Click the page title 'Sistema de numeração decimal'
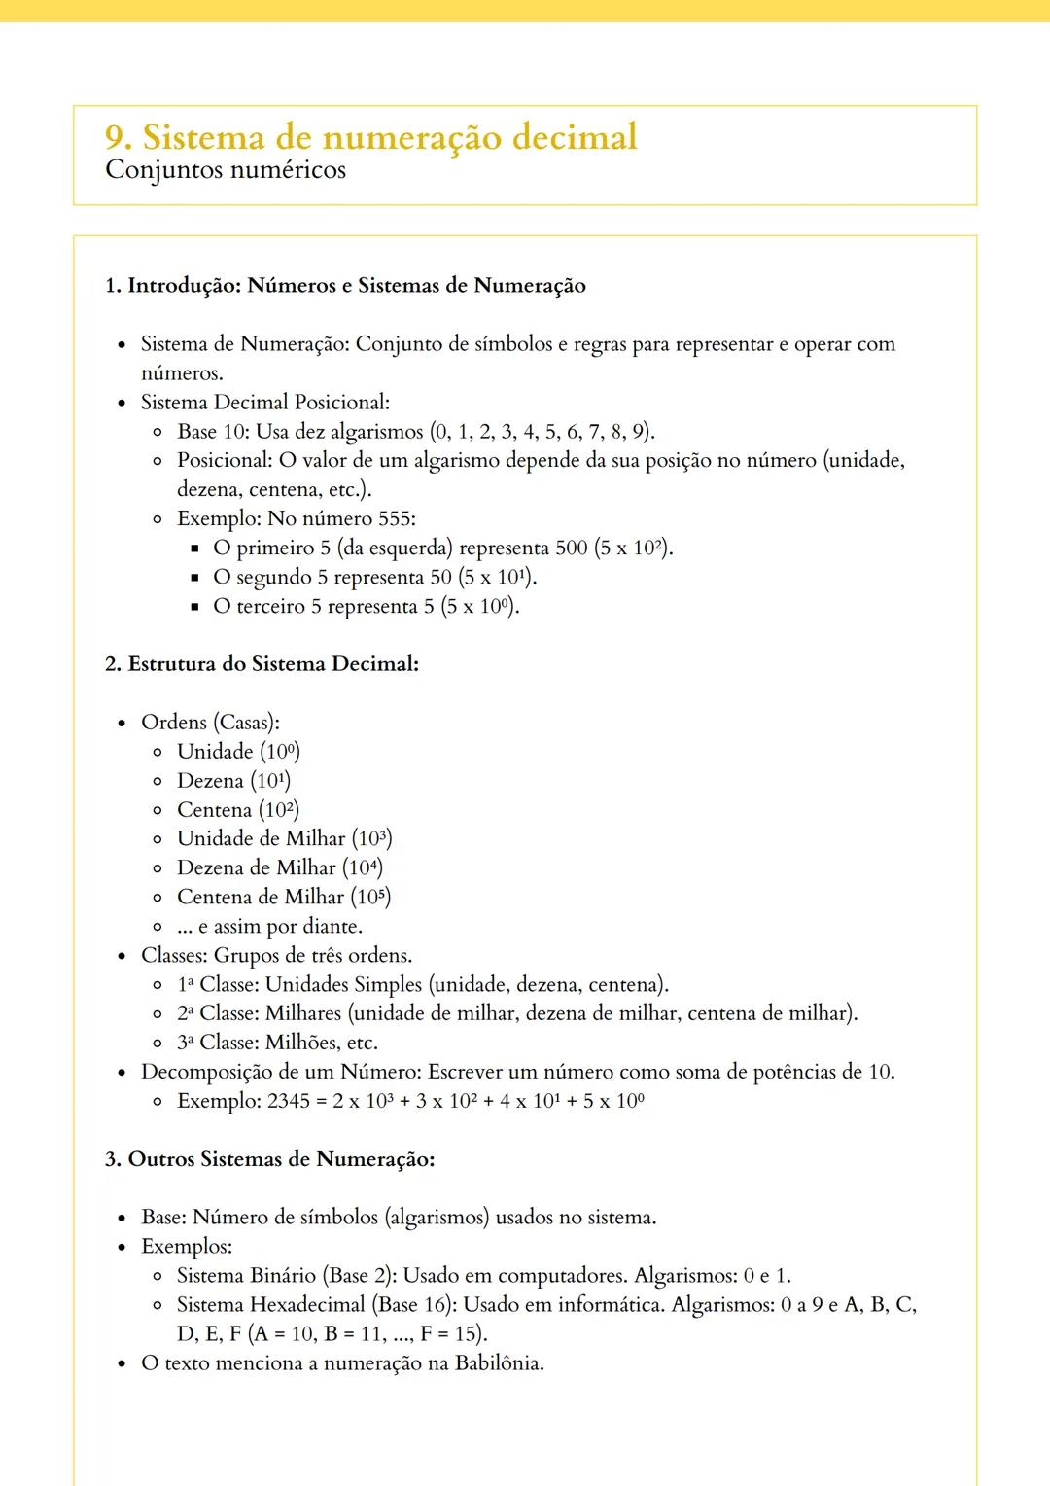click(389, 137)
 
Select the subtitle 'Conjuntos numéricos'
click(226, 170)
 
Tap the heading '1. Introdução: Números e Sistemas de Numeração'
click(345, 286)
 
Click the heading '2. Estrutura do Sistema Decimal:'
click(262, 664)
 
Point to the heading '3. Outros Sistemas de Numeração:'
click(269, 1159)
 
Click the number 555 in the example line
click(394, 518)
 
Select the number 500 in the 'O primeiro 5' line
click(572, 548)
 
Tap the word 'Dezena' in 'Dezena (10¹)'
click(210, 781)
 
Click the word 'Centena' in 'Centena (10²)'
click(214, 810)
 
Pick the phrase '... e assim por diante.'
click(269, 927)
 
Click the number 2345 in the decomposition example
click(288, 1101)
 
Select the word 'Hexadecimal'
click(311, 1304)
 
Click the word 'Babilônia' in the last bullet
click(498, 1362)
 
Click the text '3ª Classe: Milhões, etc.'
click(277, 1043)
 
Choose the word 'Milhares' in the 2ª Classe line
click(304, 1013)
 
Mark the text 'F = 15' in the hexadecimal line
click(451, 1333)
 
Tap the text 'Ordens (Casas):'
click(210, 723)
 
